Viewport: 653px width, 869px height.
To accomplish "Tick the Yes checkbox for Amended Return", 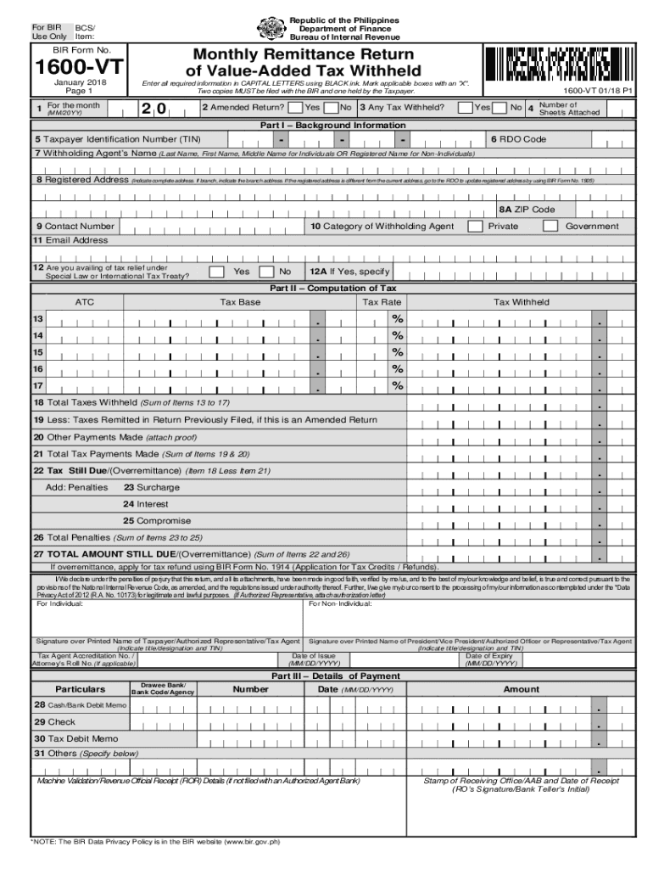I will [x=293, y=108].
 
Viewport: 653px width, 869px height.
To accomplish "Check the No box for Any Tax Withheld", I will [x=500, y=108].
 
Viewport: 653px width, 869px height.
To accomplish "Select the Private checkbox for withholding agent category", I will [x=476, y=227].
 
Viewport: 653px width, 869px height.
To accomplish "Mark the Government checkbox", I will [x=550, y=227].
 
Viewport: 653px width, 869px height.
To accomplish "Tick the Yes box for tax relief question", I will [x=217, y=272].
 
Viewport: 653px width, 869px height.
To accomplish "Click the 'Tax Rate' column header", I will [x=382, y=302].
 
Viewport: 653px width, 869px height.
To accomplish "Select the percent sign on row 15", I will [x=396, y=352].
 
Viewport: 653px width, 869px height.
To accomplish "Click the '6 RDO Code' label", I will [x=518, y=138].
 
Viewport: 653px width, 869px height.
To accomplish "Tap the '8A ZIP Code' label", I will [x=527, y=209].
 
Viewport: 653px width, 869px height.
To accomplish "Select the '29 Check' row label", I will [x=54, y=722].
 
